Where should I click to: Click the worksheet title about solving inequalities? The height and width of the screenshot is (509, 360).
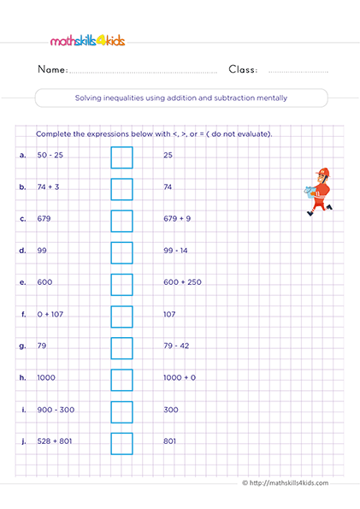pyautogui.click(x=180, y=98)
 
